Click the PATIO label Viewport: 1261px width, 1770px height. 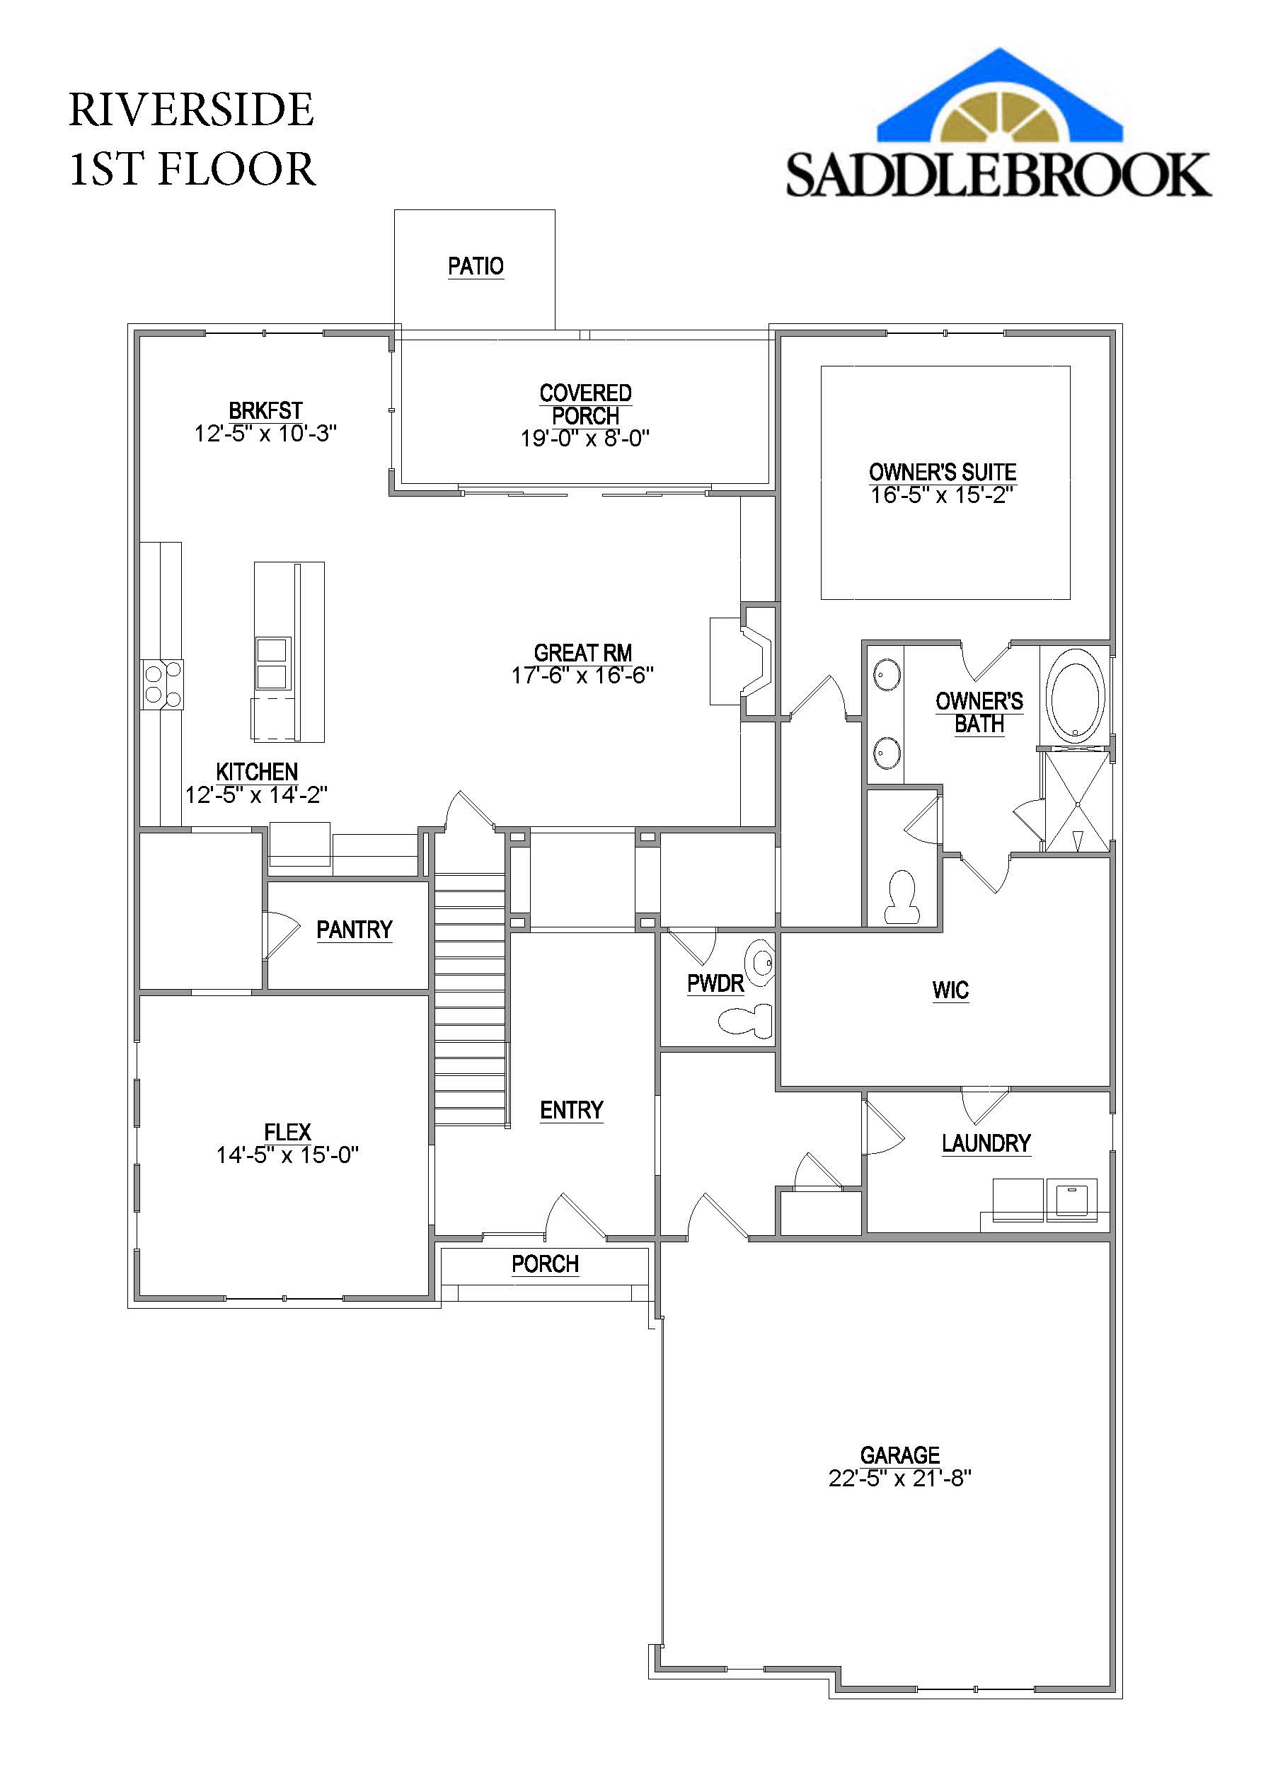pyautogui.click(x=476, y=266)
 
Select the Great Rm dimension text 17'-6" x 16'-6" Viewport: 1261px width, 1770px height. pyautogui.click(x=582, y=676)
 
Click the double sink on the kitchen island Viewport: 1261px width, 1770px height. pyautogui.click(x=272, y=663)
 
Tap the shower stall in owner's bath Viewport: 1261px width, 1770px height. pyautogui.click(x=1077, y=800)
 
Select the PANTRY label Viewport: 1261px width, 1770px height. pyautogui.click(x=354, y=930)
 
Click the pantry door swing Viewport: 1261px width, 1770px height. pyautogui.click(x=280, y=935)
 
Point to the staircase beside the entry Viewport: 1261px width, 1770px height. pyautogui.click(x=471, y=1002)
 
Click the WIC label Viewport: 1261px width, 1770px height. pyautogui.click(x=950, y=990)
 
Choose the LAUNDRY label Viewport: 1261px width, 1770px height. pyautogui.click(x=986, y=1143)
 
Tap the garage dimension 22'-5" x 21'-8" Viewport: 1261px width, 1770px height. pyautogui.click(x=900, y=1478)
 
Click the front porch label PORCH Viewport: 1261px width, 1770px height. pyautogui.click(x=545, y=1264)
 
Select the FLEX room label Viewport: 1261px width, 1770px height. pyautogui.click(x=287, y=1132)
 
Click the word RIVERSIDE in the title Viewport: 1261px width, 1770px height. pyautogui.click(x=191, y=110)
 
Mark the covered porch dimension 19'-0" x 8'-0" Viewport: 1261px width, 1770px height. pyautogui.click(x=585, y=439)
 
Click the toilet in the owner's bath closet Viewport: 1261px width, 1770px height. pyautogui.click(x=903, y=896)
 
